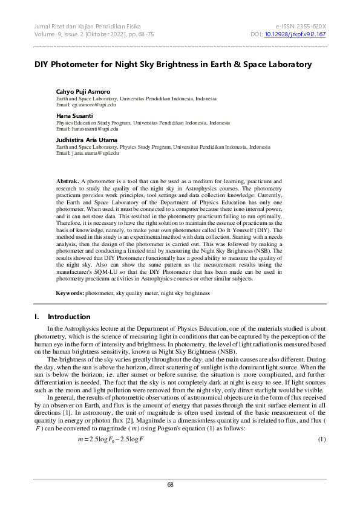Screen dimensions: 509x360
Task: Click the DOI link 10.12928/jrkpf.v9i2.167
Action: (x=295, y=34)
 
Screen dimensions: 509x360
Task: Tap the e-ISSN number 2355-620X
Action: (x=309, y=27)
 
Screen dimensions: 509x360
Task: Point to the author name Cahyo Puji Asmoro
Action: (x=83, y=91)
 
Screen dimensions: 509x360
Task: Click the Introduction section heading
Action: (x=69, y=317)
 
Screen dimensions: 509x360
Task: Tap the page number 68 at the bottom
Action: (x=180, y=485)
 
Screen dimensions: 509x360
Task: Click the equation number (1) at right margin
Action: (x=322, y=455)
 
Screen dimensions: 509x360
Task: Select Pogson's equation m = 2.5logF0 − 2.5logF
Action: (x=111, y=455)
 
